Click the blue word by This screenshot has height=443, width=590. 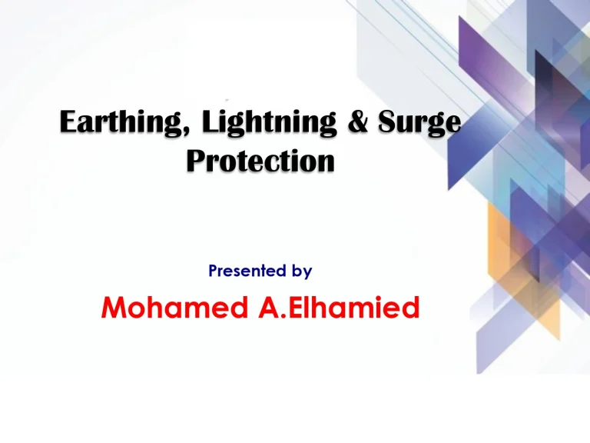[x=302, y=271]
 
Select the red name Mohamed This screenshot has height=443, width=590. [x=167, y=309]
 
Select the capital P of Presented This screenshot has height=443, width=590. [x=212, y=271]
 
